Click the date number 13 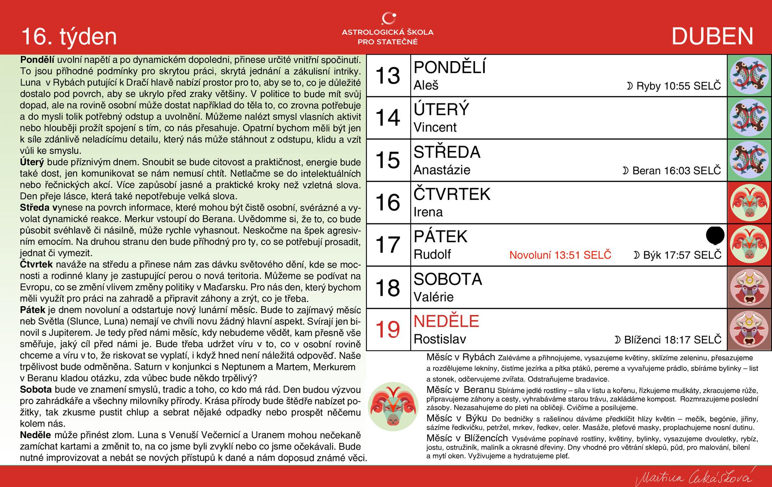coord(388,75)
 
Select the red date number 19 coord(388,329)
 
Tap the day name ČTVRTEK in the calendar coord(452,194)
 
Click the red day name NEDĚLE coord(446,321)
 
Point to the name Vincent coord(435,128)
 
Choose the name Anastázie coord(442,170)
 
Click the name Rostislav coord(440,339)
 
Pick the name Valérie coord(433,297)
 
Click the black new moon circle coord(715,236)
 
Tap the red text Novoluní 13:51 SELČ coord(560,255)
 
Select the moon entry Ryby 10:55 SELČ coord(674,86)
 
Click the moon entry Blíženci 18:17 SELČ coord(668,340)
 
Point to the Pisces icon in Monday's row coord(749,75)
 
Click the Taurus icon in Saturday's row coord(749,287)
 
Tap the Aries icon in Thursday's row coord(749,203)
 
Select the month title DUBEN coord(712,37)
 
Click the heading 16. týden coord(69,37)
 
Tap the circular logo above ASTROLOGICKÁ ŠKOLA coord(388,18)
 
